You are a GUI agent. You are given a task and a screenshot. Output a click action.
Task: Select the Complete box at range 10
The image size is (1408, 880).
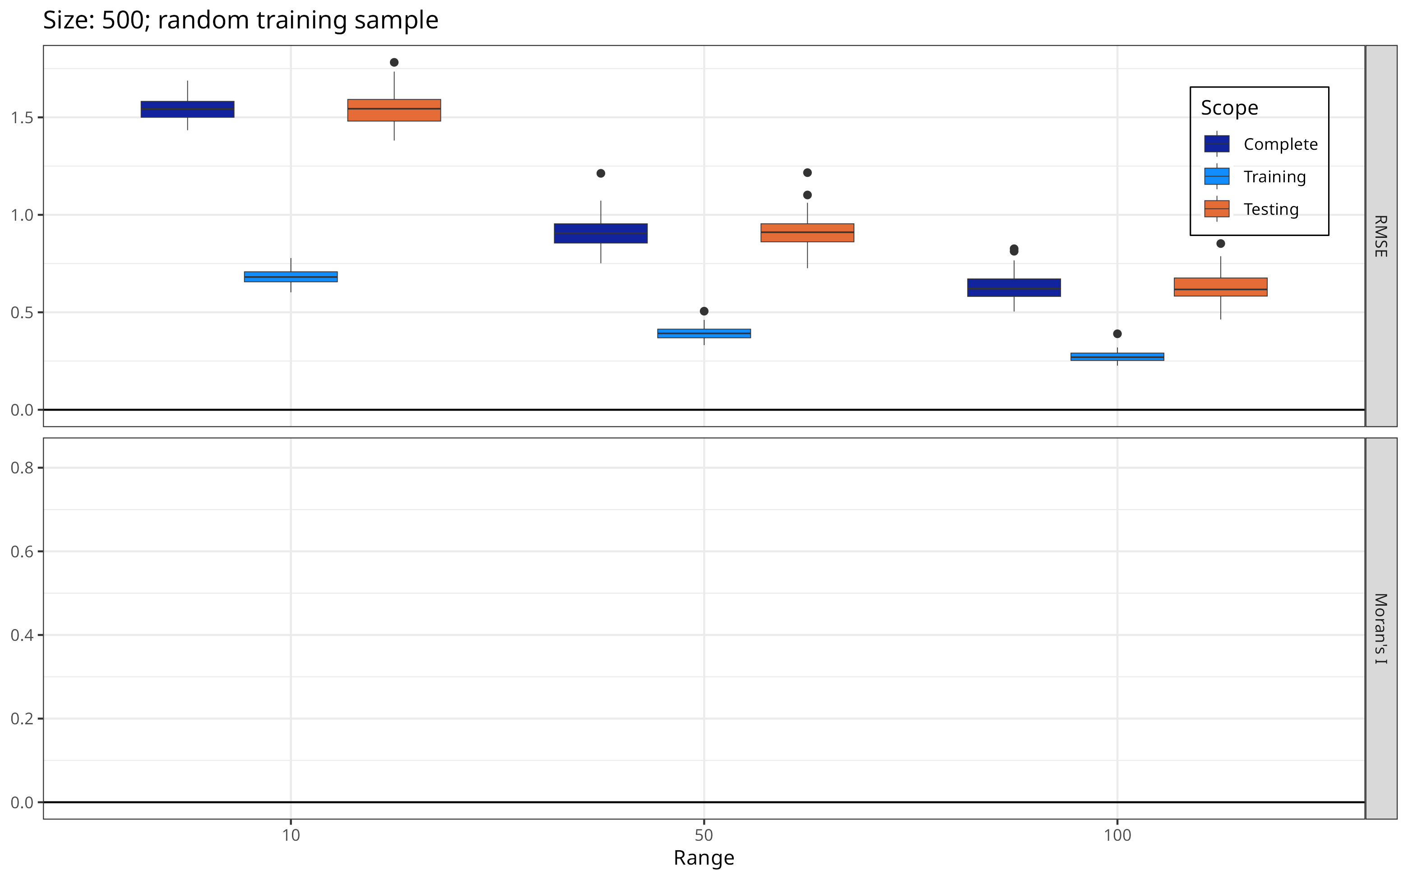[187, 109]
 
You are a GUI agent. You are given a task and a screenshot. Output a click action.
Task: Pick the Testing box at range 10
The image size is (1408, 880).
[394, 110]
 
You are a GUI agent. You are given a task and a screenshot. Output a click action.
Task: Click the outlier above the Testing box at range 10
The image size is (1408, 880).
[394, 62]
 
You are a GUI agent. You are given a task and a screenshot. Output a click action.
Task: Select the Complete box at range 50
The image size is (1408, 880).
[601, 233]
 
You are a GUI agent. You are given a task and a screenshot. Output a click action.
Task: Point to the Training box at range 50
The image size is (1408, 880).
[704, 333]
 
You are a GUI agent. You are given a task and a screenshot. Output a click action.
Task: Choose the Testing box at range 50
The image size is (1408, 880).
[807, 233]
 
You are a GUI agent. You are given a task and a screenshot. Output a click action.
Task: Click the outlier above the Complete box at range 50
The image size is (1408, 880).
[601, 173]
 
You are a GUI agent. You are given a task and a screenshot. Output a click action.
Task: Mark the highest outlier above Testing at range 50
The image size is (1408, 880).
[807, 173]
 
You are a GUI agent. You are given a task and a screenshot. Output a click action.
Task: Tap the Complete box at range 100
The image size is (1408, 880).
[1014, 287]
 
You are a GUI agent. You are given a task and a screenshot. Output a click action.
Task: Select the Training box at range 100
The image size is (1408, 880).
[1117, 357]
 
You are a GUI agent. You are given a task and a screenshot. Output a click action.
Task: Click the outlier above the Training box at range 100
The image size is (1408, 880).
[1117, 334]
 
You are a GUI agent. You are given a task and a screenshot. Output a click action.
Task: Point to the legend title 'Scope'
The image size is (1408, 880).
[1229, 108]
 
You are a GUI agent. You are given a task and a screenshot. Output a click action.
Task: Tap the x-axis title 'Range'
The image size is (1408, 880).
[704, 857]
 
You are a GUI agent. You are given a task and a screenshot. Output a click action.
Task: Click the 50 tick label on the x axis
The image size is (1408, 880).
[704, 835]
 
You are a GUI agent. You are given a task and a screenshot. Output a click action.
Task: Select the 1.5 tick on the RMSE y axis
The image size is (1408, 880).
[22, 118]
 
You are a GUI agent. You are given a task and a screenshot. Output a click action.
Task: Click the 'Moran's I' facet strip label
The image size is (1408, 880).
[1380, 629]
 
